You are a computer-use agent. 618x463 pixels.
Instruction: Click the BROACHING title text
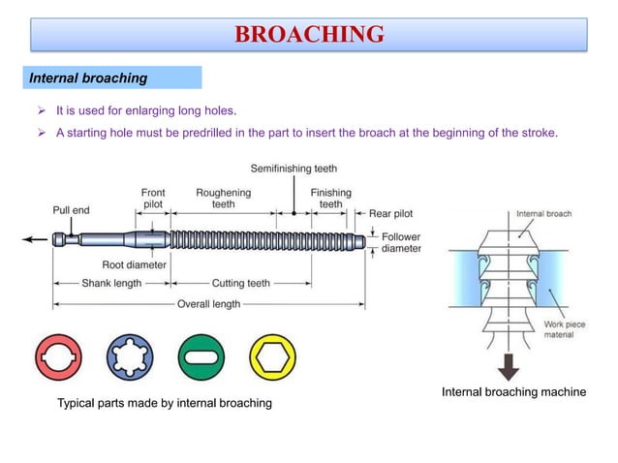click(309, 36)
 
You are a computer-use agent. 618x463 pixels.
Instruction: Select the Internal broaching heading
click(88, 77)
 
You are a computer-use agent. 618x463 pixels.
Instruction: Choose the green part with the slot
click(201, 357)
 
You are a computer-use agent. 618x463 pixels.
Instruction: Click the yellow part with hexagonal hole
click(272, 357)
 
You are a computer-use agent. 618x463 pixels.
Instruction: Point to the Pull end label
click(71, 209)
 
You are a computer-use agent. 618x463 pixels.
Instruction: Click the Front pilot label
click(153, 199)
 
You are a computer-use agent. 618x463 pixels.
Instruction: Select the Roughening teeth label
click(223, 199)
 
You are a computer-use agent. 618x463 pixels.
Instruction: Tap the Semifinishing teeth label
click(294, 169)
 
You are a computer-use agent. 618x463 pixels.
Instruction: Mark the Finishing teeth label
click(331, 199)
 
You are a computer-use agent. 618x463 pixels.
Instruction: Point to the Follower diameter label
click(401, 242)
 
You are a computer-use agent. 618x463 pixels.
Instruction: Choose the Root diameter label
click(134, 263)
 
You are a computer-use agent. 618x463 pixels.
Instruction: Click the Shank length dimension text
click(109, 284)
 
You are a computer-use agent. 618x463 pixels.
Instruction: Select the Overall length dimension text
click(208, 304)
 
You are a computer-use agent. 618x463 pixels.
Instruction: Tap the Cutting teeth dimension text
click(241, 284)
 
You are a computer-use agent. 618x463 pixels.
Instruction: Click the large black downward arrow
click(507, 368)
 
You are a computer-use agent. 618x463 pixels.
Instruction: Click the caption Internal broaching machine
click(514, 392)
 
